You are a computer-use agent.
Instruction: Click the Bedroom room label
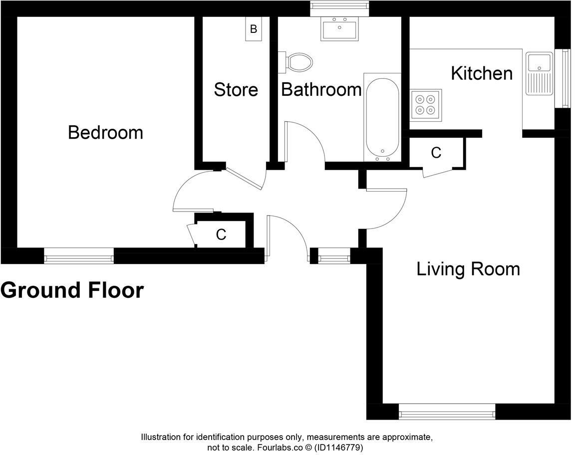coord(106,132)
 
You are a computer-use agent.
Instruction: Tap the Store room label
coord(236,90)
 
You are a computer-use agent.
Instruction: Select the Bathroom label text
coord(321,89)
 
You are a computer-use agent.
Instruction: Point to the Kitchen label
coord(482,73)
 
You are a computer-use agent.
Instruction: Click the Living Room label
coord(468,269)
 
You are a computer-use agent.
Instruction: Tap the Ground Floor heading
coord(72,290)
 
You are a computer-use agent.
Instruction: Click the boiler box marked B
coord(254,28)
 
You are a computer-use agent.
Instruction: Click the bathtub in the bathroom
coord(382,117)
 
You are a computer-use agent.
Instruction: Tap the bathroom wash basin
coord(339,28)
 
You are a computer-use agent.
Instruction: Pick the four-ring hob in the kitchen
coord(426,105)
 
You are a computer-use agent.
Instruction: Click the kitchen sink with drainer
coord(539,73)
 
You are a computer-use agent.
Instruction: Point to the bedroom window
coord(79,256)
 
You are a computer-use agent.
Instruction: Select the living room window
coord(447,412)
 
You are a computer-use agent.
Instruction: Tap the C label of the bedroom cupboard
coord(221,234)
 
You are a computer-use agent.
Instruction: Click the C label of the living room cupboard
coord(436,153)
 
